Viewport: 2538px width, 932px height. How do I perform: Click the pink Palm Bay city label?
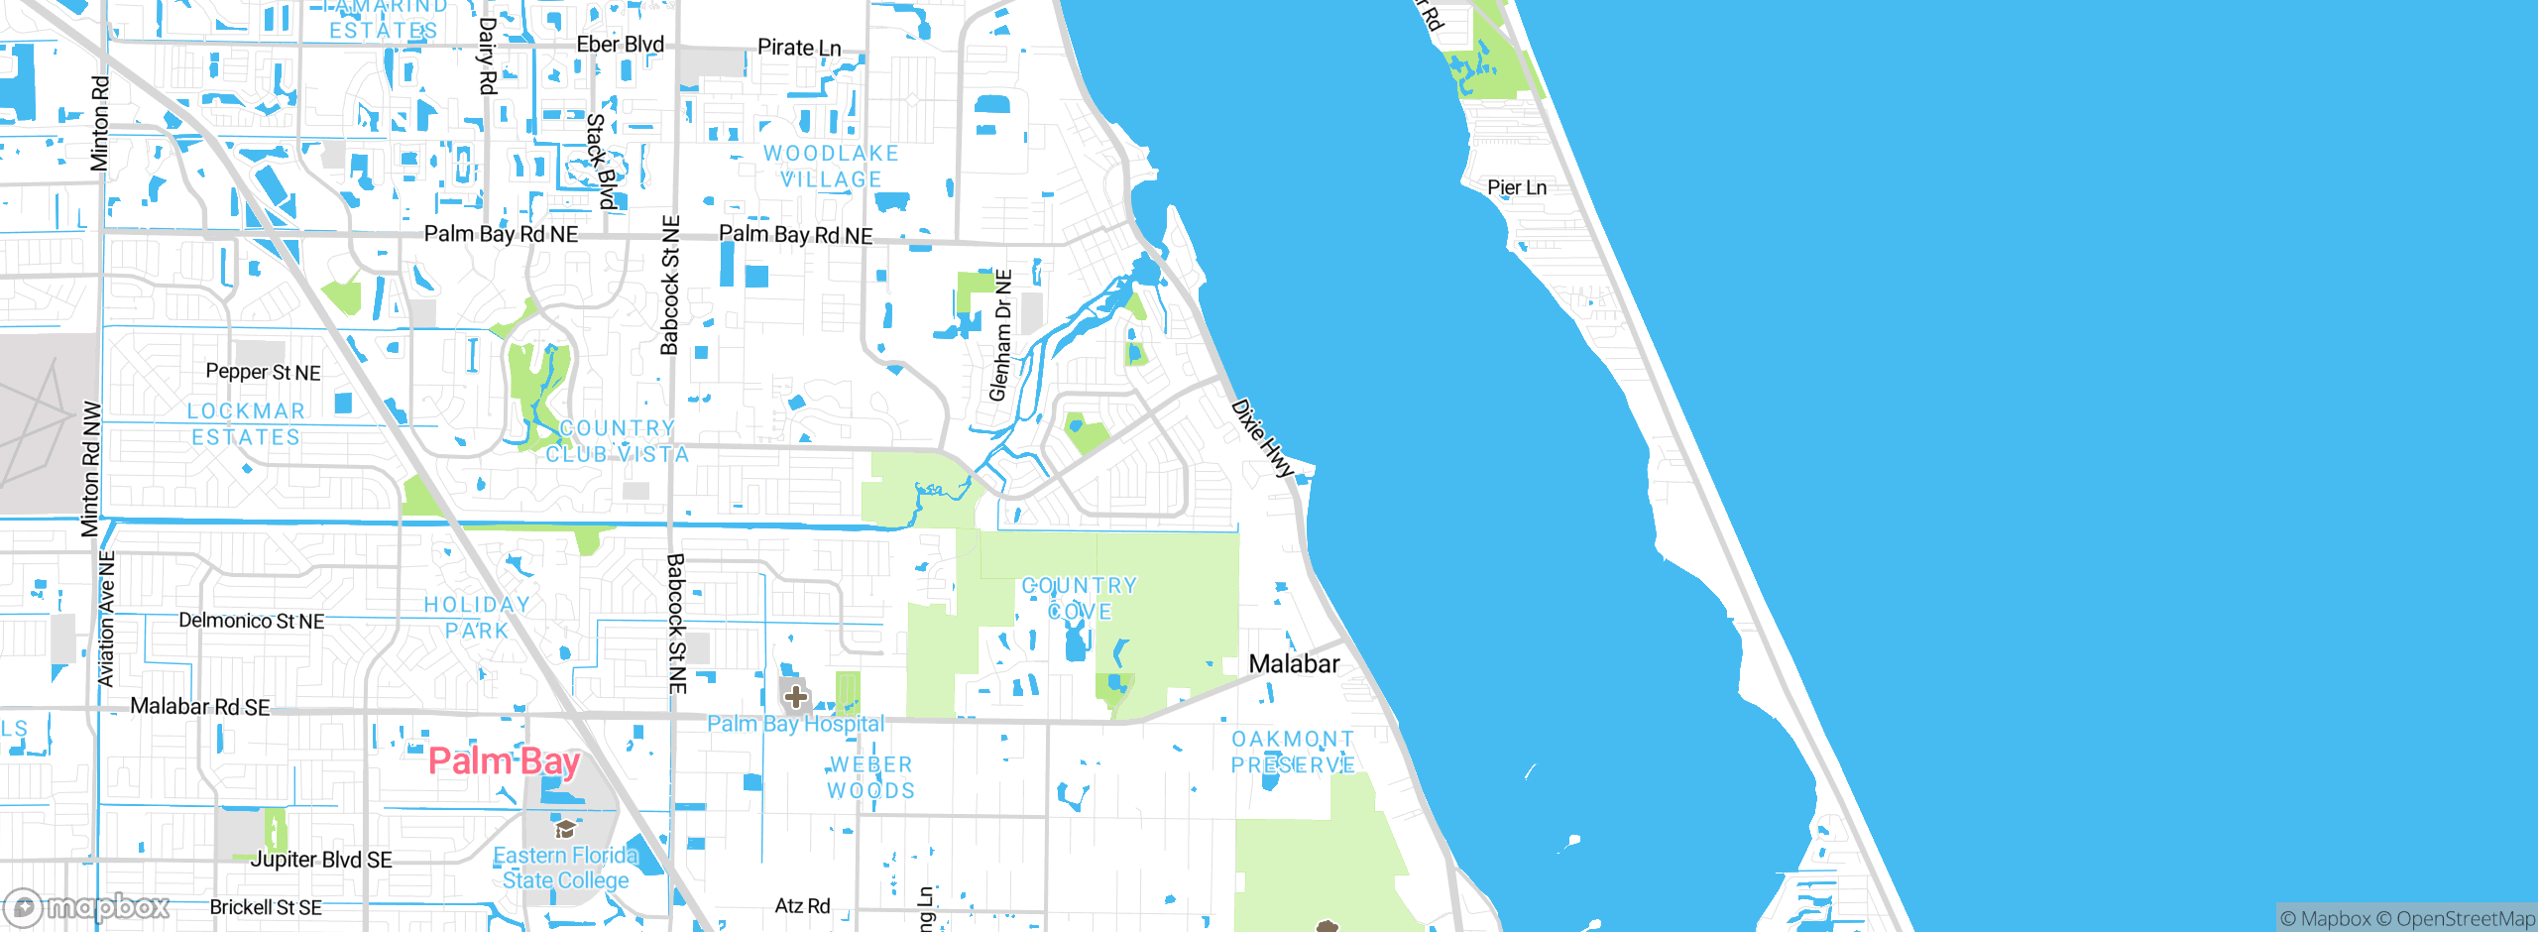[x=504, y=761]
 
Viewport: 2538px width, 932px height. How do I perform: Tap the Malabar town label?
[x=1294, y=664]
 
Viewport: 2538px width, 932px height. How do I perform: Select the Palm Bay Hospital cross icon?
[x=795, y=698]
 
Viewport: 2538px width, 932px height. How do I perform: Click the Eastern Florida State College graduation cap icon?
[x=565, y=829]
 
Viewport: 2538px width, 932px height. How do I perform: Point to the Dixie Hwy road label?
[x=1263, y=438]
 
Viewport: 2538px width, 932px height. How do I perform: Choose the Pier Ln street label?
[x=1516, y=187]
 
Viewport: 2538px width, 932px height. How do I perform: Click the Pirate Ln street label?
[x=799, y=48]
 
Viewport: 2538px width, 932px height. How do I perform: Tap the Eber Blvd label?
[x=621, y=45]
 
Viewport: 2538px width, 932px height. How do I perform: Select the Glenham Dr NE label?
[x=1001, y=335]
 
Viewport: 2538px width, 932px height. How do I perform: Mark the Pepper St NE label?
[x=263, y=372]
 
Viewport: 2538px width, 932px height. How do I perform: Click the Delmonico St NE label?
[x=251, y=621]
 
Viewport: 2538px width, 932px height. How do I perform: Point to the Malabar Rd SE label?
[x=200, y=707]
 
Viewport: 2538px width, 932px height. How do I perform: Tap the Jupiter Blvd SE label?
[x=321, y=860]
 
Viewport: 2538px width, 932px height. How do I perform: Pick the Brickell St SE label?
[x=266, y=907]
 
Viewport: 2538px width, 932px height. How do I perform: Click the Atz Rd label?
[x=802, y=905]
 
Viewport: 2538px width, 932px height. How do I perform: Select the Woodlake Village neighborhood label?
[x=831, y=167]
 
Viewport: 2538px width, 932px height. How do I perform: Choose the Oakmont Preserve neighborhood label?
[x=1293, y=753]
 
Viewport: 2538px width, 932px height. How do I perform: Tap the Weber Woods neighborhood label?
[x=870, y=777]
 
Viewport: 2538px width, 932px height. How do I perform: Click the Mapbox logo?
[x=87, y=907]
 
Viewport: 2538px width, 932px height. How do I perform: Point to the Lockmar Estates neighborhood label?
[x=246, y=424]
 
